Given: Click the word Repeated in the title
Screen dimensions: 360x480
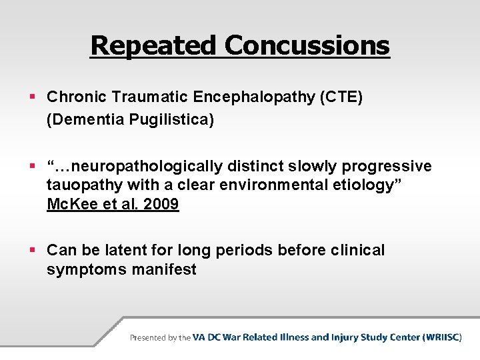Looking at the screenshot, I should (x=154, y=46).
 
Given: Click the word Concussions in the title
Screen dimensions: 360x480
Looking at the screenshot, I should (x=307, y=46).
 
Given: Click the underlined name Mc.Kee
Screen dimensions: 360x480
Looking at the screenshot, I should (x=71, y=204).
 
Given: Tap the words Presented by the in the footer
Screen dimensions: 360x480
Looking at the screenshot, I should (x=160, y=337).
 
